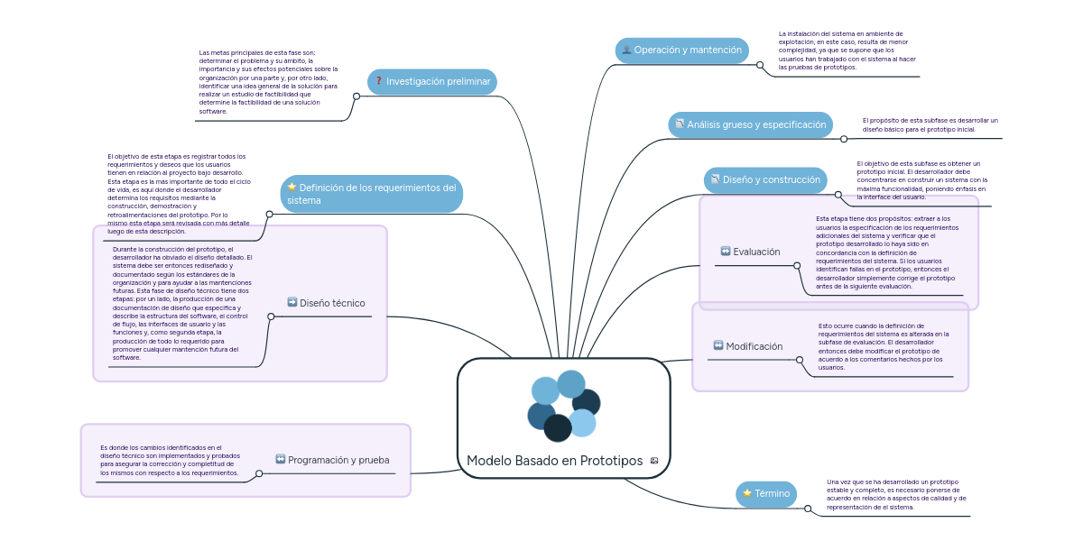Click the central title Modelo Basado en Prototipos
click(x=554, y=461)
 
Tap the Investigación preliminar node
click(x=432, y=82)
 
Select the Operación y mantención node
click(x=681, y=50)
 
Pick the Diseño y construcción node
click(x=764, y=179)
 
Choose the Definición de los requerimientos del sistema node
click(x=371, y=194)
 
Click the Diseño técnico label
click(x=332, y=304)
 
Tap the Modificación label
click(x=754, y=346)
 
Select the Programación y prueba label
click(x=338, y=460)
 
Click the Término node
click(x=766, y=494)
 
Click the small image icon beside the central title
click(x=654, y=461)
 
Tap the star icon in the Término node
click(x=747, y=493)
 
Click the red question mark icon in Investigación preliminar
click(x=379, y=82)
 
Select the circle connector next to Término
click(x=808, y=509)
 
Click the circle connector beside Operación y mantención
click(x=760, y=65)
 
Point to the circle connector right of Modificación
click(x=800, y=359)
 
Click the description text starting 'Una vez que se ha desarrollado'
click(x=895, y=494)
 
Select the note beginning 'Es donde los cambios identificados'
click(x=170, y=460)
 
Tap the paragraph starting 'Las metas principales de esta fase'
click(x=268, y=82)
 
